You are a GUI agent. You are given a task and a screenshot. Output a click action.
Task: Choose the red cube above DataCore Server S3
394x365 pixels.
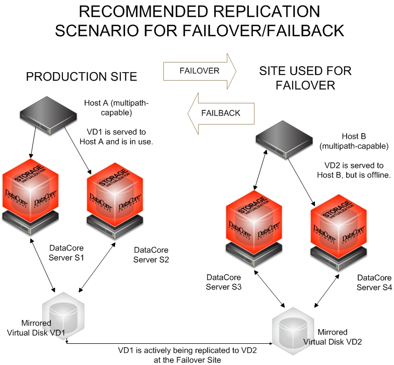(x=253, y=219)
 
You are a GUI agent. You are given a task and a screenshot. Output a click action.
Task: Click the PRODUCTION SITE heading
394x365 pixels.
(x=82, y=77)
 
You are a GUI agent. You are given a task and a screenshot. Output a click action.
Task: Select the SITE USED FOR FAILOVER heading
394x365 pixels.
(x=305, y=78)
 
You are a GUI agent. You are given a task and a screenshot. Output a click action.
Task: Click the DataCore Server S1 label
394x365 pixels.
(x=66, y=253)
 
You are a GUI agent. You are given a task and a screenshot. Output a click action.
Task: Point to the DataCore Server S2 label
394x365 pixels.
(x=151, y=255)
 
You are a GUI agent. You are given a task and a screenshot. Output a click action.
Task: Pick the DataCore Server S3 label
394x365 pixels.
(x=224, y=282)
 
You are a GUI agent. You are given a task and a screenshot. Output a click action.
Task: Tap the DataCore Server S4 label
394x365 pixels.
(x=374, y=282)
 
